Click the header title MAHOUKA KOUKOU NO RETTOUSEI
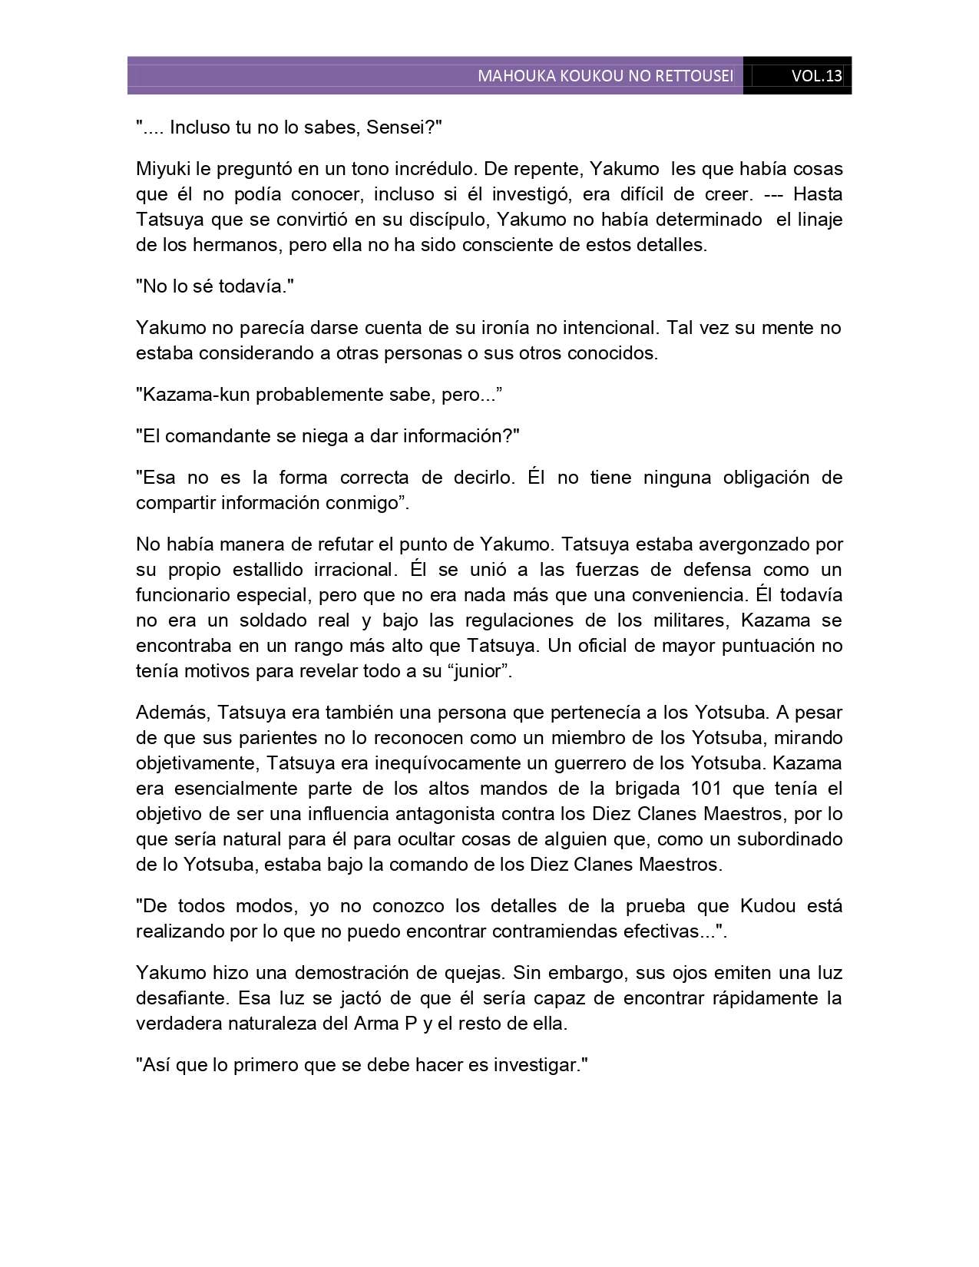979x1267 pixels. tap(605, 76)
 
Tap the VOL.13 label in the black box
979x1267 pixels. tap(817, 76)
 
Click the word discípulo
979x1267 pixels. tap(445, 220)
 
